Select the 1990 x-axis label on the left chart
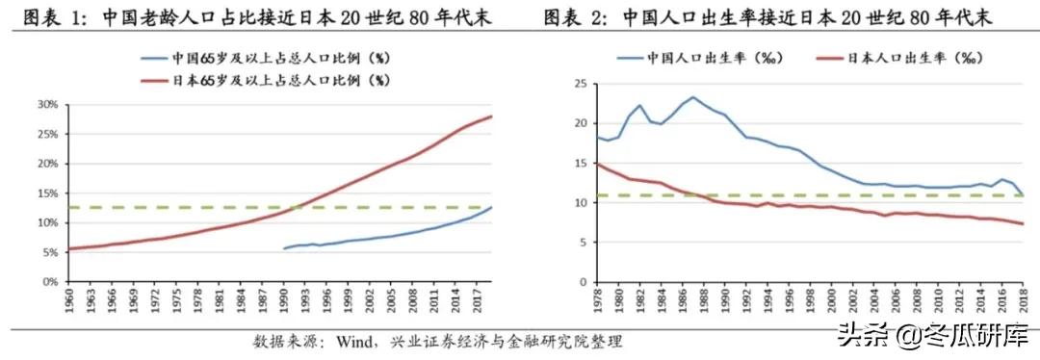284,301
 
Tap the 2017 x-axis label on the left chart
477,301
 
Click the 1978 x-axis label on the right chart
599,301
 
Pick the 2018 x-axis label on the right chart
1023,301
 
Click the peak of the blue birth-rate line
693,97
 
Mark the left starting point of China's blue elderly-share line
283,248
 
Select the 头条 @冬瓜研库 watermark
924,336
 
